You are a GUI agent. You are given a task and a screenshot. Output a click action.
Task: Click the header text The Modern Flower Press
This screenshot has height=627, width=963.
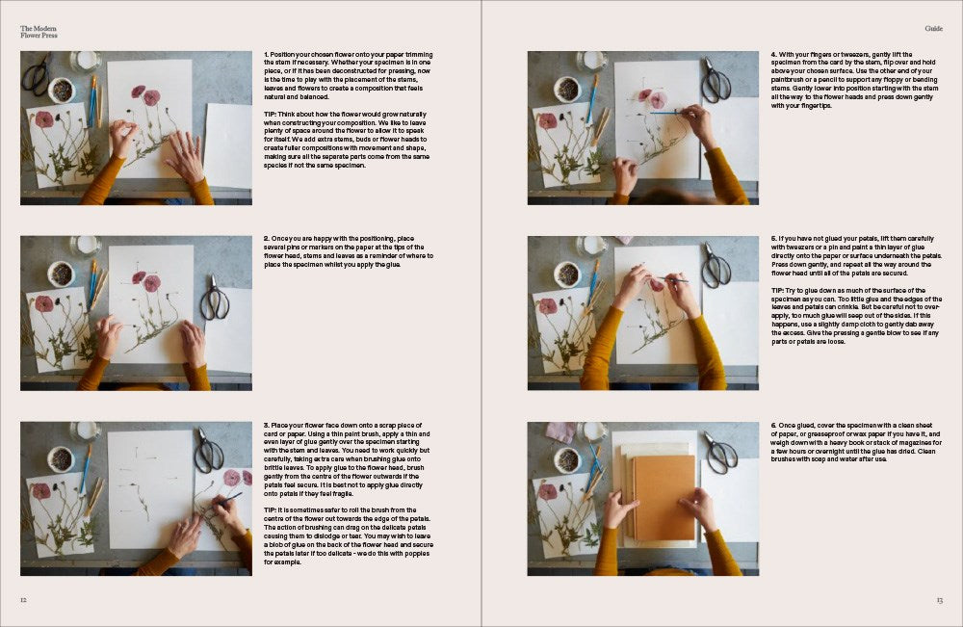coord(39,32)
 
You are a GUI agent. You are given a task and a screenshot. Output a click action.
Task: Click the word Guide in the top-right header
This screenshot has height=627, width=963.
coord(933,29)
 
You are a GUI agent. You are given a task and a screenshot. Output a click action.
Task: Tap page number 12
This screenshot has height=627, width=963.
coord(23,600)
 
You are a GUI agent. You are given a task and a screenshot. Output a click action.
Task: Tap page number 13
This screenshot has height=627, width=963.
coord(939,600)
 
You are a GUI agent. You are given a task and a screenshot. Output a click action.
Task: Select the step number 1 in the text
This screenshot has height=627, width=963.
coord(266,54)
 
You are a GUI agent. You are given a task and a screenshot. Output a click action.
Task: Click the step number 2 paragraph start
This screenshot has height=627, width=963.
coord(266,239)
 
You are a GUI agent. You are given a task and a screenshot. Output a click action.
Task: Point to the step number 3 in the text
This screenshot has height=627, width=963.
coord(266,424)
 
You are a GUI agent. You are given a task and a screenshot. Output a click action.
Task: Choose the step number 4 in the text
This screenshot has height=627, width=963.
coord(773,54)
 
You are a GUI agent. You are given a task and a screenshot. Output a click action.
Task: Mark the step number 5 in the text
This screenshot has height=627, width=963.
coord(773,239)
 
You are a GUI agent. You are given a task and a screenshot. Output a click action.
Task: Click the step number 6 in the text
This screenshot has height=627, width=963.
coord(773,424)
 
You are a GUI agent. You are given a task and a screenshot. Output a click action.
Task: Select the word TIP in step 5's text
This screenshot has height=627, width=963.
coord(777,290)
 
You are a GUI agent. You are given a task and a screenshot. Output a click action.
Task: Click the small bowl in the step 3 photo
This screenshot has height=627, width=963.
coord(61,459)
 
